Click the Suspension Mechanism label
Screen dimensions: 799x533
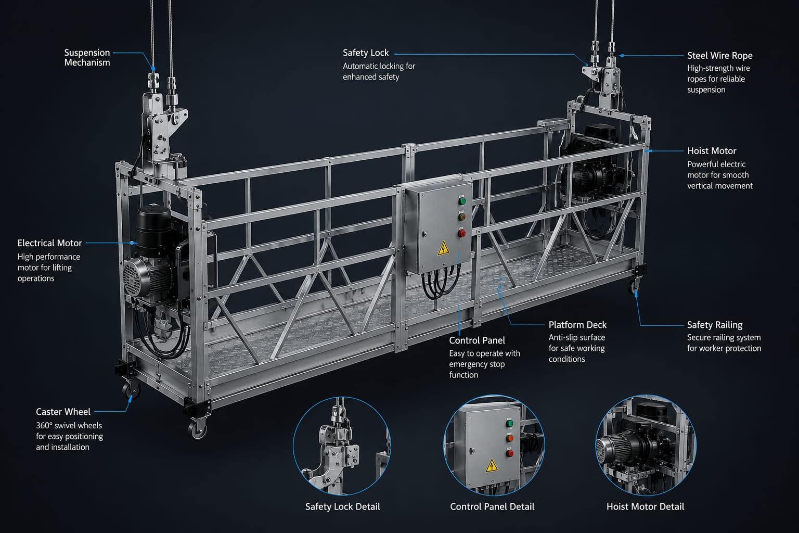tap(87, 57)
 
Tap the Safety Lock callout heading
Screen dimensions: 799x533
tap(366, 53)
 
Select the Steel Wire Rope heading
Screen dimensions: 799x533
tap(720, 56)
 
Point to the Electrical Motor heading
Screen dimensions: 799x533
tap(49, 243)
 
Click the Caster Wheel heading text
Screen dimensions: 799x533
tap(63, 412)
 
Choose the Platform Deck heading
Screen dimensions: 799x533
tap(577, 325)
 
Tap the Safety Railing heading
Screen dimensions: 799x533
tap(715, 325)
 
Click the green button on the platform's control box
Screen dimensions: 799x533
tap(462, 201)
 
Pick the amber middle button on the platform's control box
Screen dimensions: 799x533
tap(461, 217)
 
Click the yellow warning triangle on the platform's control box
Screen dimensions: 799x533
tap(443, 248)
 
